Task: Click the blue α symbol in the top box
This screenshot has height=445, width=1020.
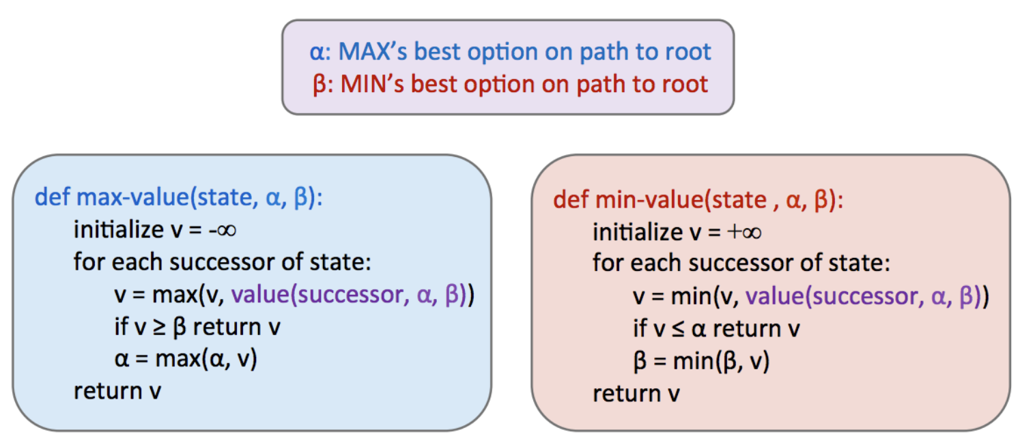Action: coord(315,53)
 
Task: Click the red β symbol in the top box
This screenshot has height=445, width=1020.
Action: coord(319,85)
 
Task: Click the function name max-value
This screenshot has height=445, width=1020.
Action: coord(131,198)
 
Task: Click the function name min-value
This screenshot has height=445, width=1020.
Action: coord(647,199)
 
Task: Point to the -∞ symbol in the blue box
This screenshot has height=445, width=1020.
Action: coord(222,230)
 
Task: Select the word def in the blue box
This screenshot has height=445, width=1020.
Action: coord(52,198)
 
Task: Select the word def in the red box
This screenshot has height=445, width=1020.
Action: coord(570,199)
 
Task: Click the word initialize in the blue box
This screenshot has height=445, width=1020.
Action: coord(117,230)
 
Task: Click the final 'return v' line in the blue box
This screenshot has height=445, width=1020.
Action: coord(117,391)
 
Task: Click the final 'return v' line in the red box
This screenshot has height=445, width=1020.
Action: coord(636,394)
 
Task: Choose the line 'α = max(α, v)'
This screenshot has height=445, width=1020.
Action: coord(185,359)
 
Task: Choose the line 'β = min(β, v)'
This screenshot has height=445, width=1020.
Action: coord(701,362)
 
